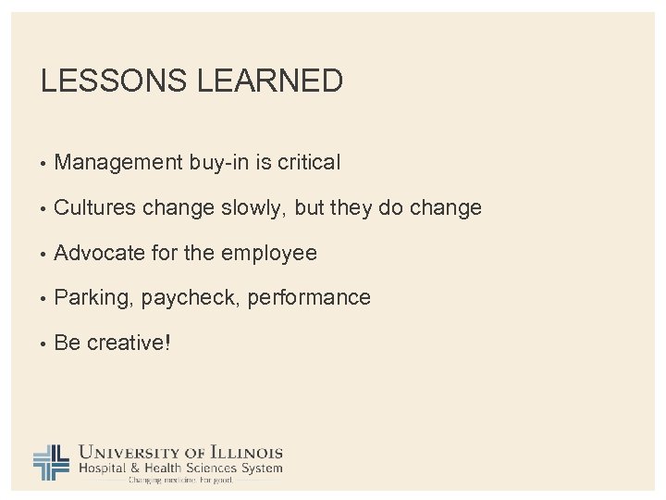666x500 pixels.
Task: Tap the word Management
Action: [119, 163]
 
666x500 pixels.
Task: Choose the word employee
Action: [275, 253]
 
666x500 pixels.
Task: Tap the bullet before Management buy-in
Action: [43, 164]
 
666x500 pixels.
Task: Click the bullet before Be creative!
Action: [43, 344]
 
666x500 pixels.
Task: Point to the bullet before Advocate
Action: [43, 254]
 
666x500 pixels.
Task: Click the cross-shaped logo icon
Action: [52, 461]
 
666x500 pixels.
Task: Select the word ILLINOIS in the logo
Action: [244, 453]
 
